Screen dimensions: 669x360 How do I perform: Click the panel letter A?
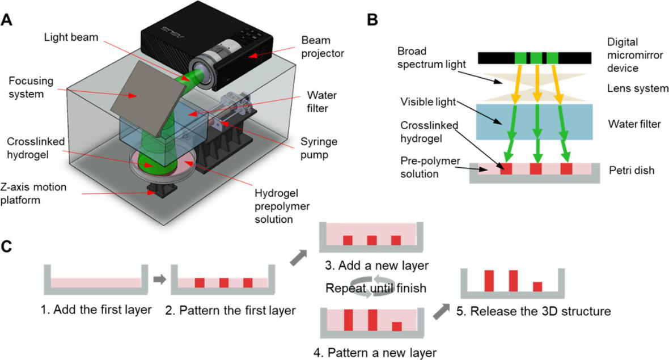7,20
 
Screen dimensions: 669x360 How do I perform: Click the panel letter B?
372,20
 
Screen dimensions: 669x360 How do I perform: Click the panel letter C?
7,247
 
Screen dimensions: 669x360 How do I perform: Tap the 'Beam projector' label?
322,46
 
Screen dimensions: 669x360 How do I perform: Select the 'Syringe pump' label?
319,148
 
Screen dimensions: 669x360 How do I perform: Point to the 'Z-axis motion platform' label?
33,193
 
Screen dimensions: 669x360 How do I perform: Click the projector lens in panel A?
200,70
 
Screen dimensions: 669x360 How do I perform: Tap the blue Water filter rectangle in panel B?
534,122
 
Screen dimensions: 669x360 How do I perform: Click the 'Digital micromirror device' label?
635,55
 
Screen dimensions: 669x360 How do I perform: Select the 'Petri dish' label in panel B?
632,170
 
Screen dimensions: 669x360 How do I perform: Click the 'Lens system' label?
638,88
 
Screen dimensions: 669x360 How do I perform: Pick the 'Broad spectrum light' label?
431,58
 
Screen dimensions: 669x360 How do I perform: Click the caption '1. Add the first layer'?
96,309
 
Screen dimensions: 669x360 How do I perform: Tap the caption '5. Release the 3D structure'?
533,311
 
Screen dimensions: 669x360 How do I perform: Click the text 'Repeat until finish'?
376,288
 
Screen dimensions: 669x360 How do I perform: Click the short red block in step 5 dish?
537,287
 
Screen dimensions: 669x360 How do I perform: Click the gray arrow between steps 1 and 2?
159,279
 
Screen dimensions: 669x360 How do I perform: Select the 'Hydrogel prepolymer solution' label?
282,206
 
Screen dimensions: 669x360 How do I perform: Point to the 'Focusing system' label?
31,87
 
